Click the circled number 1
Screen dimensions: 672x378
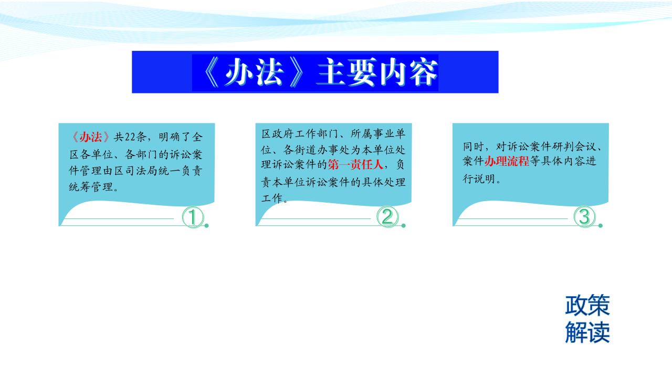point(193,217)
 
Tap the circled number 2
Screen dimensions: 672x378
point(387,217)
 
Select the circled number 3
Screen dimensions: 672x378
point(584,216)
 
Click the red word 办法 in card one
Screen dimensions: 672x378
point(91,137)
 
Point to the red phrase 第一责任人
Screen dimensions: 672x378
point(355,164)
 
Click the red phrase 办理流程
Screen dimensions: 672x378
point(507,161)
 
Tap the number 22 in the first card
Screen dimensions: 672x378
point(130,137)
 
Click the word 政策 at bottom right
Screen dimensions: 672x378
point(587,305)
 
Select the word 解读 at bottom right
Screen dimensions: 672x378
point(587,332)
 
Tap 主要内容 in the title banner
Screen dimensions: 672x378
point(377,72)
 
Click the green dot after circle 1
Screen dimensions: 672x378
point(206,226)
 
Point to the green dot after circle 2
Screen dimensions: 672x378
point(404,226)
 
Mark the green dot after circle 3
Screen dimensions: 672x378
point(600,226)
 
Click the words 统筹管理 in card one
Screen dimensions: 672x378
point(91,187)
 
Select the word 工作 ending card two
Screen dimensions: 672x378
point(272,198)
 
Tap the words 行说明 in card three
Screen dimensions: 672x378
point(479,179)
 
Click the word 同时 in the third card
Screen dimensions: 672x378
point(474,146)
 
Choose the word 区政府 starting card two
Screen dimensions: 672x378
point(278,134)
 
